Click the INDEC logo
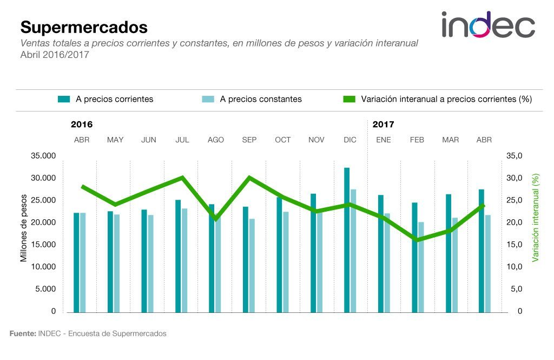coord(488,25)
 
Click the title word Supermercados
coord(84,27)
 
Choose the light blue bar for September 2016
coord(252,265)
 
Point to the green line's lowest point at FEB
coord(417,240)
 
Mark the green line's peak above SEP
coord(249,178)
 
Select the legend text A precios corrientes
coord(114,99)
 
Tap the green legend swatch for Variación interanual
coord(349,99)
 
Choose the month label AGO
coord(216,140)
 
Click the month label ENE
coord(384,140)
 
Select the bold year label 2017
coord(384,125)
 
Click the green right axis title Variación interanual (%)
coord(536,218)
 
